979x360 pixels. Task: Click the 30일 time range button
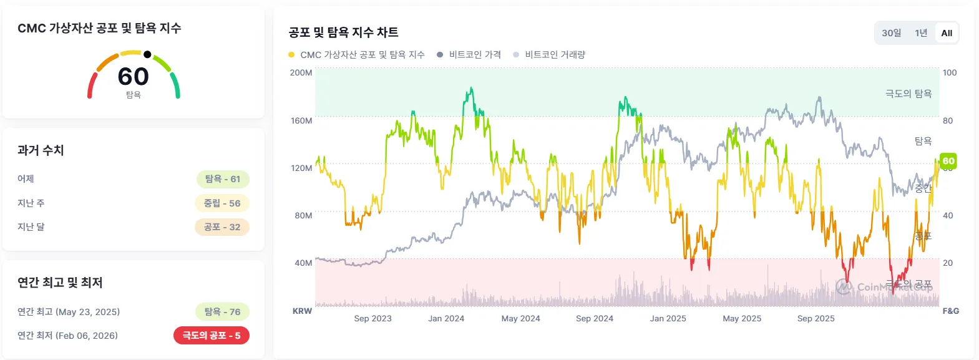(x=891, y=33)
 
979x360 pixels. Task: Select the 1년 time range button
(x=921, y=33)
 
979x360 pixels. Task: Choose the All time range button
(x=947, y=33)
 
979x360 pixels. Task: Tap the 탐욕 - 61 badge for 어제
(x=223, y=179)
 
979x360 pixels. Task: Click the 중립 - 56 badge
(x=222, y=203)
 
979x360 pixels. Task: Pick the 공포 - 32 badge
(x=222, y=227)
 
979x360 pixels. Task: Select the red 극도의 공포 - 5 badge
(x=212, y=336)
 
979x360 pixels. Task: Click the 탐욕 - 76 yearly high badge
(x=223, y=312)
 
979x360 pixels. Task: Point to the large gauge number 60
(x=134, y=77)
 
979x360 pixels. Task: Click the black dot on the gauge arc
(x=147, y=54)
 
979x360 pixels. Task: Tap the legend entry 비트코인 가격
(x=469, y=55)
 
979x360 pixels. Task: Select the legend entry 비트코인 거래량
(x=549, y=55)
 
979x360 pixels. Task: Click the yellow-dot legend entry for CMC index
(x=356, y=55)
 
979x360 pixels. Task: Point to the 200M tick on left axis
(x=301, y=72)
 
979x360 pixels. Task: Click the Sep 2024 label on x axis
(x=595, y=318)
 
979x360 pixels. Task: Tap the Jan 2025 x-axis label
(x=668, y=318)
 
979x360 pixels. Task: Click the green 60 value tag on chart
(x=948, y=161)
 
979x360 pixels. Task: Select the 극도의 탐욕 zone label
(x=908, y=94)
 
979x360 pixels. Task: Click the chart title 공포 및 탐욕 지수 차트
(x=343, y=32)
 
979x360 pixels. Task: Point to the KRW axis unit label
(x=302, y=311)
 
